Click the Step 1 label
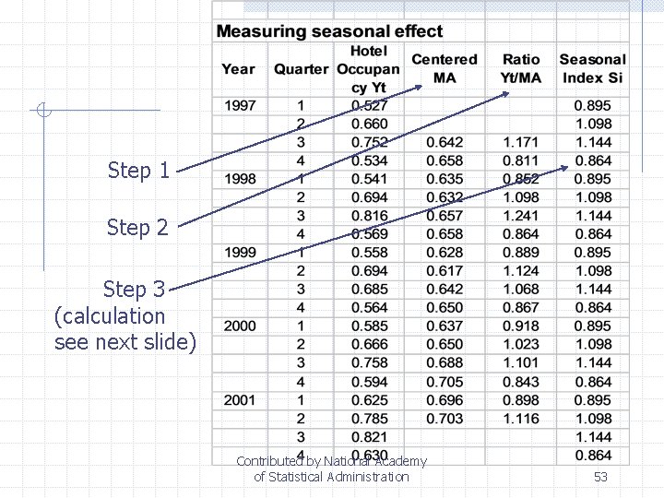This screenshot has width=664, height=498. [x=138, y=171]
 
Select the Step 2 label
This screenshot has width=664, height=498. [x=138, y=227]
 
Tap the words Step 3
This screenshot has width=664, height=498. [x=134, y=290]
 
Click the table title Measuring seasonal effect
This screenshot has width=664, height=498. [x=329, y=31]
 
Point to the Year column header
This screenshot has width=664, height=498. [x=238, y=68]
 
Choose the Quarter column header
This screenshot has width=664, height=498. [x=301, y=69]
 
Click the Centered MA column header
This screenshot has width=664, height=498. [x=445, y=68]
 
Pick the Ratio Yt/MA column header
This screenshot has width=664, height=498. [x=521, y=68]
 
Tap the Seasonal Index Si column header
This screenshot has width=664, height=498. [x=592, y=68]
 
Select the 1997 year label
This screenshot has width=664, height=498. [x=240, y=105]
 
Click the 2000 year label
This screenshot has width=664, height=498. [x=240, y=326]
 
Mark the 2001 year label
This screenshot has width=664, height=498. [x=240, y=399]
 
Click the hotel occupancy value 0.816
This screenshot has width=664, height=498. [x=370, y=216]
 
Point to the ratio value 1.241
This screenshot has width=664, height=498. [x=521, y=216]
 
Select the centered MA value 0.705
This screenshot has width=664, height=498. [x=445, y=381]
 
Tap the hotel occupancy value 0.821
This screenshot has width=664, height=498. [x=370, y=436]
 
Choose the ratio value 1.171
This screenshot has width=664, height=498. [x=521, y=142]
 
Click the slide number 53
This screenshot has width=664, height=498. [x=600, y=477]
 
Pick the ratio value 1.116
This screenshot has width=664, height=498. [x=521, y=418]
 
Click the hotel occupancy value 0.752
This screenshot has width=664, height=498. [x=370, y=142]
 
